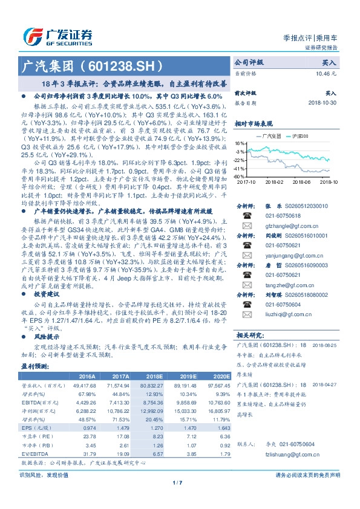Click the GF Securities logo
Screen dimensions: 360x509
coord(57,36)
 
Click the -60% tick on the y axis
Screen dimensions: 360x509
coord(239,177)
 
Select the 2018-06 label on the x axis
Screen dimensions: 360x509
coord(301,181)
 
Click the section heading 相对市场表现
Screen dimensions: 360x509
coord(253,122)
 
